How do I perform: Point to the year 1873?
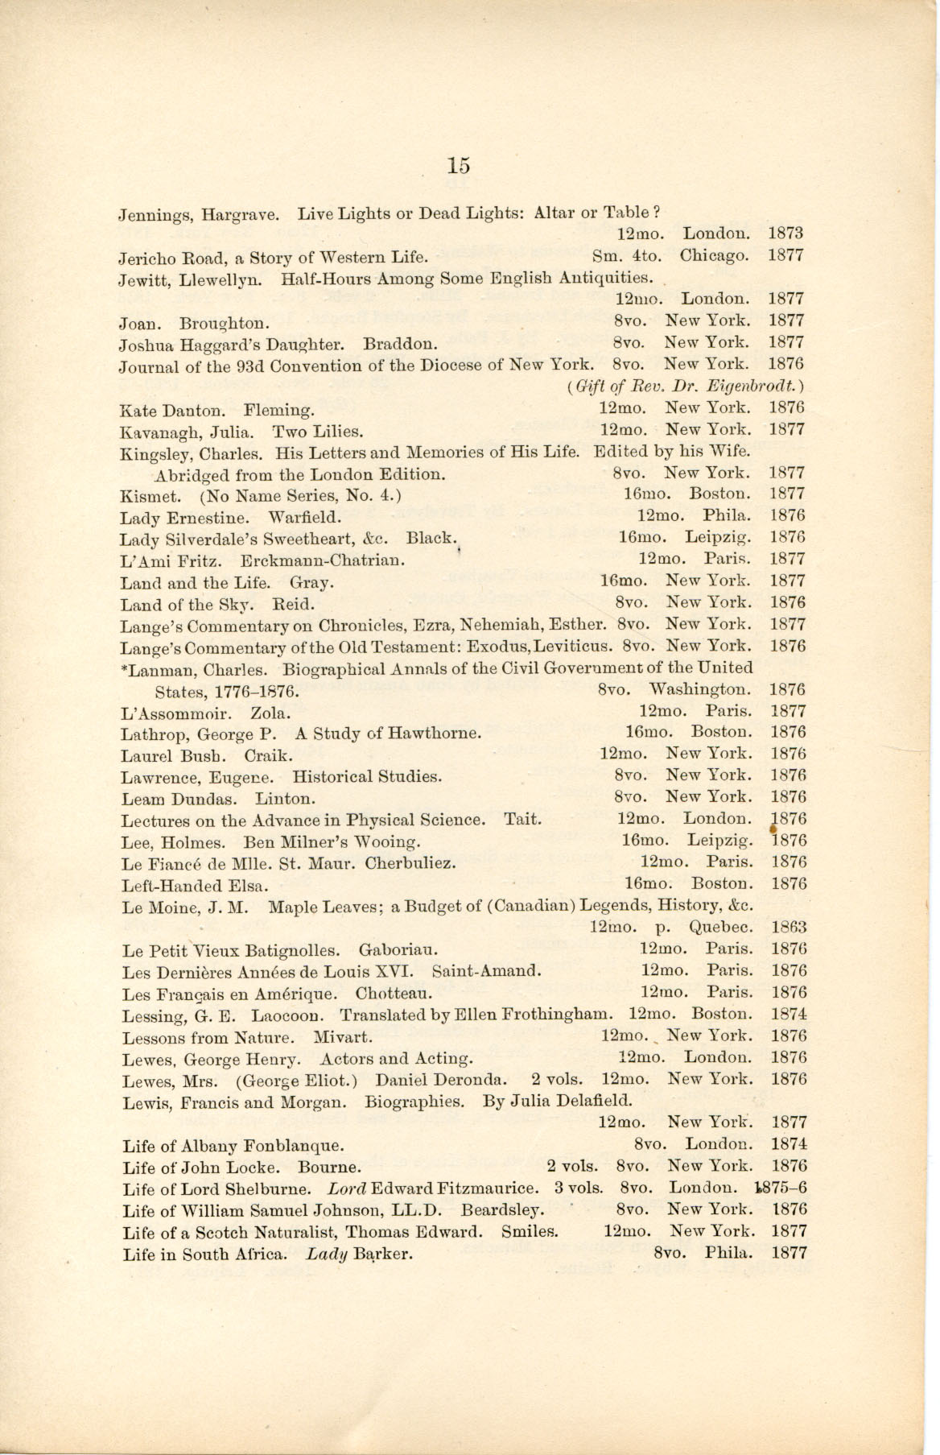[786, 234]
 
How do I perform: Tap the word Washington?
[700, 689]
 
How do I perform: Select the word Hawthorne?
[435, 733]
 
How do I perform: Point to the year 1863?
[788, 927]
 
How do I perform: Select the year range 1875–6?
[782, 1188]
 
